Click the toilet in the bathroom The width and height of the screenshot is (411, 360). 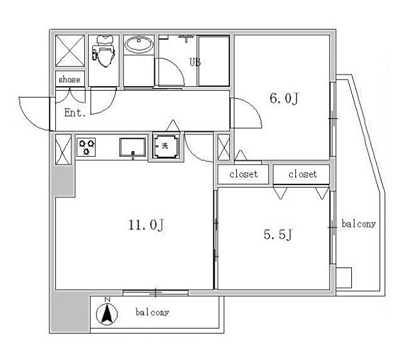104,51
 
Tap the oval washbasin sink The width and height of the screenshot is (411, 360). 139,44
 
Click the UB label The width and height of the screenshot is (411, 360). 195,62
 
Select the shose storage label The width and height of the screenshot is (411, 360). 69,79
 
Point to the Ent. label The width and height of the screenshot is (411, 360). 75,113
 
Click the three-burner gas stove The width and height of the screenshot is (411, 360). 86,147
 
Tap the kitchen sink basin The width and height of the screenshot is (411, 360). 133,147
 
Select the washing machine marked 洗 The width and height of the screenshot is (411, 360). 166,146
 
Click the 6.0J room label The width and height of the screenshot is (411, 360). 284,98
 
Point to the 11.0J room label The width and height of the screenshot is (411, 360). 146,225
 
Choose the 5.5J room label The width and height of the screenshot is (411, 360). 278,234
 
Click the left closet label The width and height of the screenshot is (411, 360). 243,174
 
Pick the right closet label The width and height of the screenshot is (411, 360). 302,174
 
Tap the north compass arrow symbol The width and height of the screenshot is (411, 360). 107,312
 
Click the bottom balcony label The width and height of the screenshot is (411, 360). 152,312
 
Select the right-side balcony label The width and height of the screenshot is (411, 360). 358,224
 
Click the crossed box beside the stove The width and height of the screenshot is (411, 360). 63,149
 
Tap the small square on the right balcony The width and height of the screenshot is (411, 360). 344,278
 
